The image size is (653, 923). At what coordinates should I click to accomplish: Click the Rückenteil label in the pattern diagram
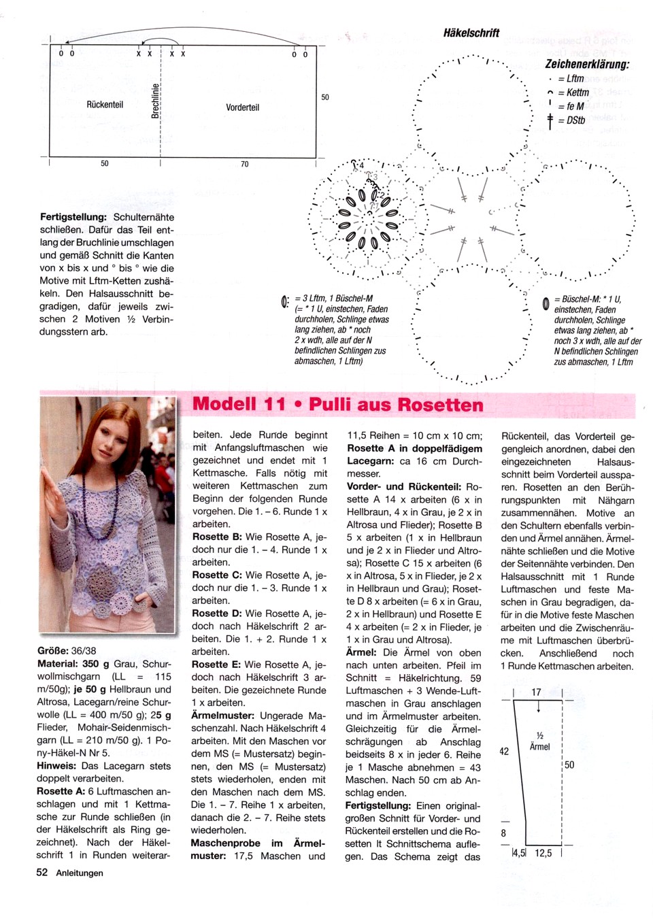coord(105,105)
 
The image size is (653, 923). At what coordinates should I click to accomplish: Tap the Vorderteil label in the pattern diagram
coord(243,107)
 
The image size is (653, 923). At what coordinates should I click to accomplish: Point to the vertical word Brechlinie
coord(155,100)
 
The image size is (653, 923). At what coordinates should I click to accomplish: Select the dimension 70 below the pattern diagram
coord(245,164)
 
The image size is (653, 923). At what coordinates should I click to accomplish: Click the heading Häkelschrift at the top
coord(471,33)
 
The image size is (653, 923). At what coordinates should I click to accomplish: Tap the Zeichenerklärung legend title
coord(587,64)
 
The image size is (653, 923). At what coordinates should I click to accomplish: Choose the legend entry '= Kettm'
coord(571,93)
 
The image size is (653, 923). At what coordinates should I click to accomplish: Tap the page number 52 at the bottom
coord(42,873)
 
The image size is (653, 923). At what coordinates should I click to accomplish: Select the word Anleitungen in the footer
coord(80,873)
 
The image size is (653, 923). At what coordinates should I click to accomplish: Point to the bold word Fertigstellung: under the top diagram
coord(73,217)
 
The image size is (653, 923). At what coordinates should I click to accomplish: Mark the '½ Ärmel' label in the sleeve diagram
coord(539,741)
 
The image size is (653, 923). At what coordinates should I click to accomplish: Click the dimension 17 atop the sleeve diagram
coord(536,692)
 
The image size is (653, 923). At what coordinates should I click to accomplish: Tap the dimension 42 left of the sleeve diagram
coord(504,752)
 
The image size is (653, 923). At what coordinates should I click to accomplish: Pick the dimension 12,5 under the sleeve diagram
coord(543,852)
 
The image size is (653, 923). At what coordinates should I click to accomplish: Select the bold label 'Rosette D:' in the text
coord(216,614)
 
